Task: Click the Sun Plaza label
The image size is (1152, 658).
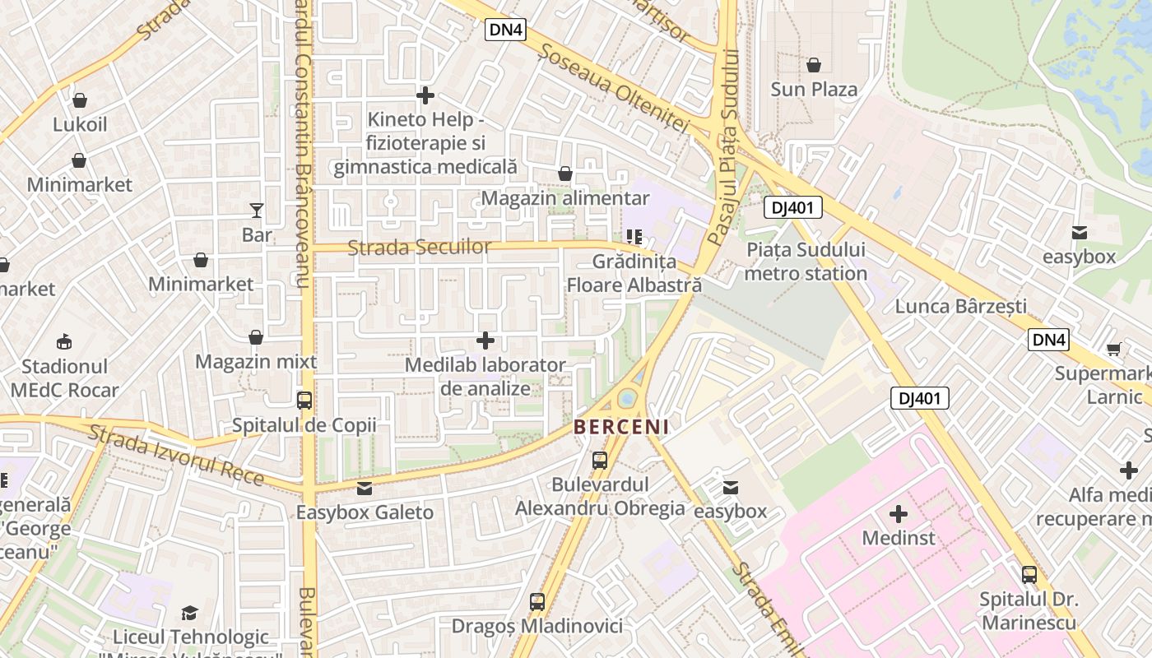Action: (x=814, y=89)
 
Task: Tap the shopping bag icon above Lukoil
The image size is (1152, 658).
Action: (x=80, y=100)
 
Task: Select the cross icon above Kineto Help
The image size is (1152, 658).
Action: (x=425, y=95)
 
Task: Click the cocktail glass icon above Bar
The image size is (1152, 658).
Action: (x=257, y=211)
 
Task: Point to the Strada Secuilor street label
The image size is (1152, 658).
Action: (x=419, y=248)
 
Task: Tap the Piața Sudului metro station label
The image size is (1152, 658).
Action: (x=806, y=261)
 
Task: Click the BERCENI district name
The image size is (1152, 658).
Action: (x=621, y=427)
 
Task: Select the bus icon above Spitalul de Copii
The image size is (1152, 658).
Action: (x=304, y=401)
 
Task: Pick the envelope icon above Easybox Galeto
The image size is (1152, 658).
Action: (x=365, y=489)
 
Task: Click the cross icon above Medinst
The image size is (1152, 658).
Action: (x=899, y=514)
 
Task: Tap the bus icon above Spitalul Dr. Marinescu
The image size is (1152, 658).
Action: (x=1029, y=575)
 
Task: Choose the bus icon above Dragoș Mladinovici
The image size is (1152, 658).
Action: (x=537, y=602)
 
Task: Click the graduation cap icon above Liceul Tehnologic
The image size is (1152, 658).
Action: (x=190, y=613)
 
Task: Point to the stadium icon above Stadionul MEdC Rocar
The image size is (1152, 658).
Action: (x=64, y=341)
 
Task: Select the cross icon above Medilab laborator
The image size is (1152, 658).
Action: (x=486, y=340)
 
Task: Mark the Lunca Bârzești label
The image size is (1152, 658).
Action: (x=960, y=306)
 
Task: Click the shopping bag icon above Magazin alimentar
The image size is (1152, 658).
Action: (x=565, y=174)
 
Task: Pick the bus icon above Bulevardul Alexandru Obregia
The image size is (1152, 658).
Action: (x=600, y=461)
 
